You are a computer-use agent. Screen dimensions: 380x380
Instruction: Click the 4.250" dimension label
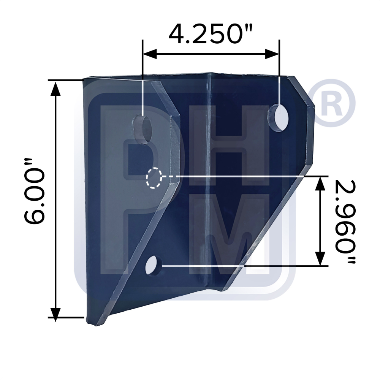tap(211, 34)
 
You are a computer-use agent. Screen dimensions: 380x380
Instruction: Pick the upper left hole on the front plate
tap(142, 130)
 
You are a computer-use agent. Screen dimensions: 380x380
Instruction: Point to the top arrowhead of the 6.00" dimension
tap(56, 88)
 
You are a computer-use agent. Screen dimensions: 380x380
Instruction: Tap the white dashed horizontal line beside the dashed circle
tap(169, 177)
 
